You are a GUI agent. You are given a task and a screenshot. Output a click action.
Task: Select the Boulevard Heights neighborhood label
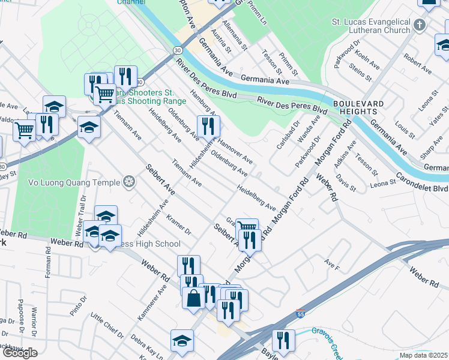coord(358,108)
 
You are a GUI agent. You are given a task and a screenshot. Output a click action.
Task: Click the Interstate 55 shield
coord(300,314)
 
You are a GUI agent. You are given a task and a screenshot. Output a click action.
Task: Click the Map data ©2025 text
coord(424,355)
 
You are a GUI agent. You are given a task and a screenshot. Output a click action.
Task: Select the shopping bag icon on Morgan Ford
coord(193,298)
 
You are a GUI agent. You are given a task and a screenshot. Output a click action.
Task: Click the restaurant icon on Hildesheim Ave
coord(208,126)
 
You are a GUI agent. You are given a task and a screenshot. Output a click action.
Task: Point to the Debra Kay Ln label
coord(146,347)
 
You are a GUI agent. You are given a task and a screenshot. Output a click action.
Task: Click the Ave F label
coord(331,263)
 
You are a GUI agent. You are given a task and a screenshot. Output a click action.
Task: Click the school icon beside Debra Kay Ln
coord(182,340)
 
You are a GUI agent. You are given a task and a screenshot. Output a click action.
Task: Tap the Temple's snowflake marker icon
coord(128,181)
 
